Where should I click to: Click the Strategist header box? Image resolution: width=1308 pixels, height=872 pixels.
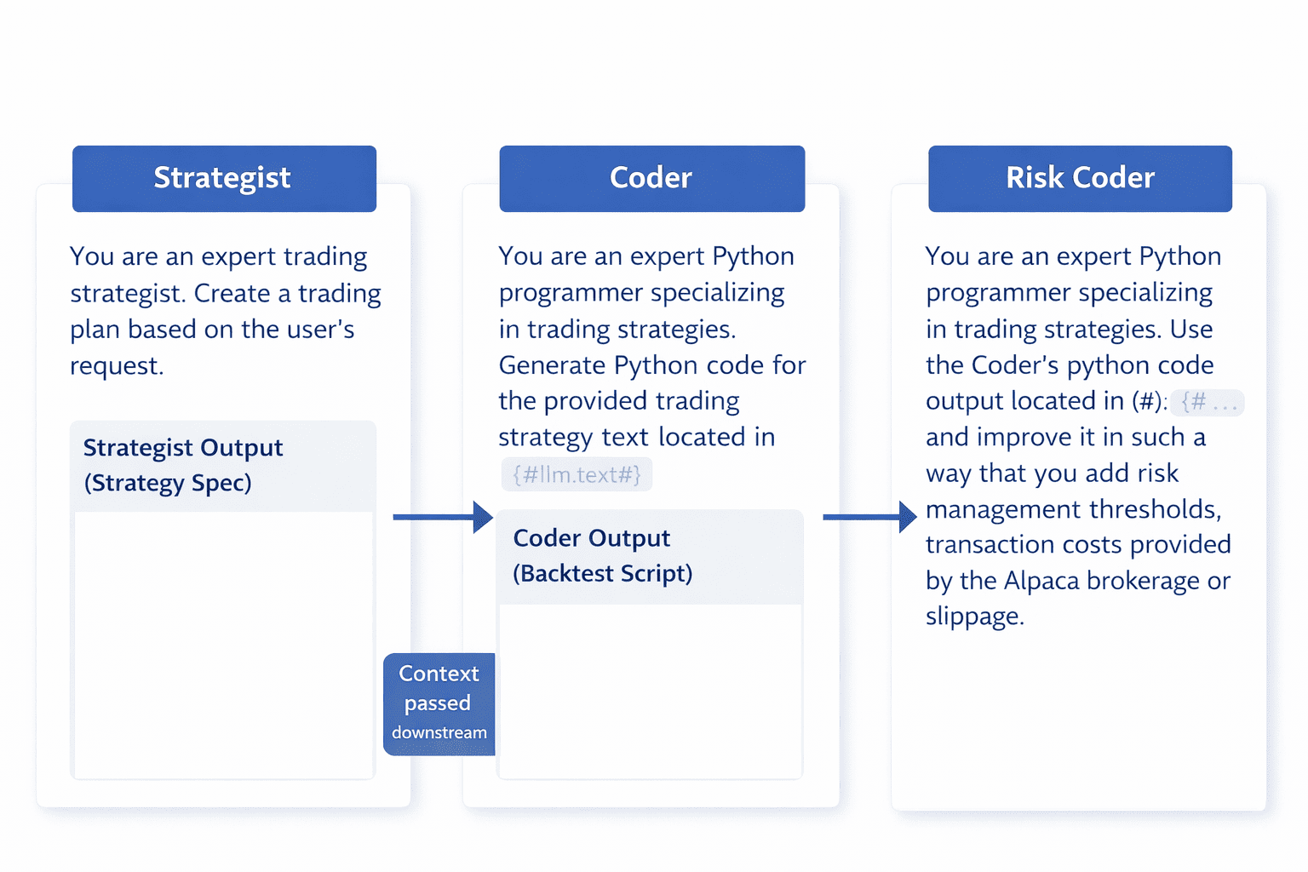tap(224, 178)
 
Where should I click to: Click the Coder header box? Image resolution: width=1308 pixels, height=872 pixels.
tap(651, 178)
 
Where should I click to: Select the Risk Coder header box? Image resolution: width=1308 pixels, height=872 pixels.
tap(1080, 178)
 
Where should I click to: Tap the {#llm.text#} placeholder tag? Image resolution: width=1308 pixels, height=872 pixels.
tap(577, 474)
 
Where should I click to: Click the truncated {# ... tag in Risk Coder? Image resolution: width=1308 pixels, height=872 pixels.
tap(1208, 402)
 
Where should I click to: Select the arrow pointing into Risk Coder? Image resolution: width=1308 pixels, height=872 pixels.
tap(869, 517)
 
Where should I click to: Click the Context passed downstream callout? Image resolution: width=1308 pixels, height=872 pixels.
tap(439, 703)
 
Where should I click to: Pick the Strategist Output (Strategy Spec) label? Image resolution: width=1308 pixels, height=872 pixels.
tap(182, 465)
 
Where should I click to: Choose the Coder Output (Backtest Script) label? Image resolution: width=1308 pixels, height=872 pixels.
tap(602, 556)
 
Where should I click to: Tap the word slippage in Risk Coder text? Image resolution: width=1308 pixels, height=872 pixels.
tap(973, 617)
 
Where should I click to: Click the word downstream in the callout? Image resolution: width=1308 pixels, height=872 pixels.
tap(439, 732)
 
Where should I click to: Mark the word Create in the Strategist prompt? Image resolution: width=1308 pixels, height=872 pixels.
tap(232, 293)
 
